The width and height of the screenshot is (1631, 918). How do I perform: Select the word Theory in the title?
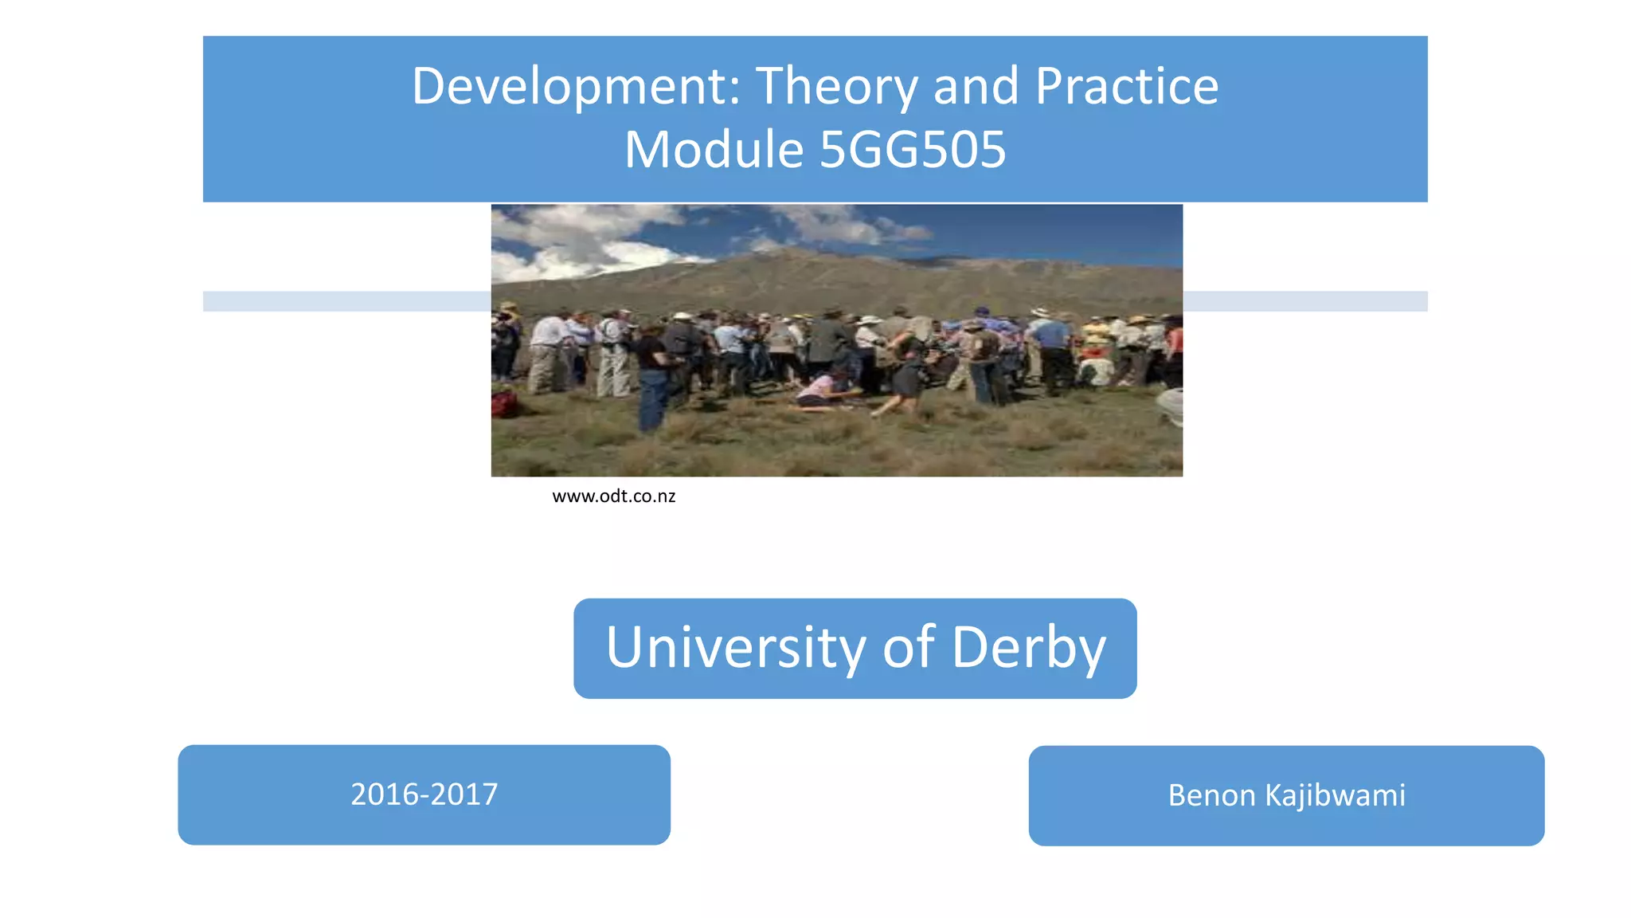click(836, 86)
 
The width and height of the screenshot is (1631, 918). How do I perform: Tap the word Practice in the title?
click(1127, 86)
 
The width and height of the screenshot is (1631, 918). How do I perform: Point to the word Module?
click(714, 150)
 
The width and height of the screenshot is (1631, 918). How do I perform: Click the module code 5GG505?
click(913, 150)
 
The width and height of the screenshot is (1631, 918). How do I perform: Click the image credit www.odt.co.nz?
click(613, 496)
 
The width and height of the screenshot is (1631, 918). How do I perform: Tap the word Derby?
click(1029, 646)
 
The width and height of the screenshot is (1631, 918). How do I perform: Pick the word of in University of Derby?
click(909, 646)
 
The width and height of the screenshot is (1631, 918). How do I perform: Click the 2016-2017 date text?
click(424, 794)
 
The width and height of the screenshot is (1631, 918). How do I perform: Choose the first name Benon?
click(1211, 795)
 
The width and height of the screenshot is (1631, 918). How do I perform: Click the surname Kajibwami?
click(1336, 795)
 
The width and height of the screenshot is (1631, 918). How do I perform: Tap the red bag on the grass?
click(505, 403)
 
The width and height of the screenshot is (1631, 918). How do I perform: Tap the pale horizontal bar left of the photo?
click(346, 301)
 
